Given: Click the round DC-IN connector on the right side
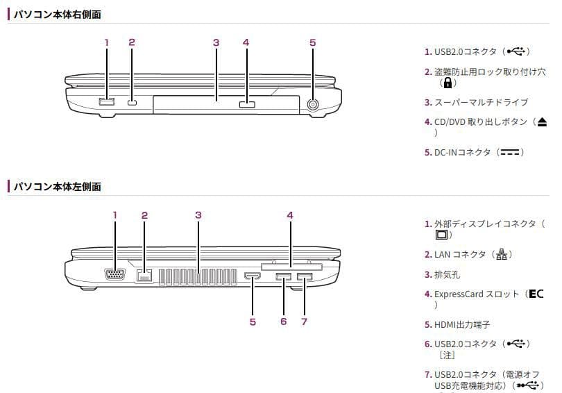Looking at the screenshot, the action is [313, 104].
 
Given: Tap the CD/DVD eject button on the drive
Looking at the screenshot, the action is [247, 104].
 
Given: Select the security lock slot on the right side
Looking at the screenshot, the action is [133, 103].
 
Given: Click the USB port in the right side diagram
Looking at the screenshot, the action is [106, 101].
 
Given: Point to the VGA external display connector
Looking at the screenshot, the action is [114, 274].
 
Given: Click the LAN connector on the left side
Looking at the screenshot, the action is [144, 276].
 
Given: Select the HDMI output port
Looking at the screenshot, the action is [253, 276].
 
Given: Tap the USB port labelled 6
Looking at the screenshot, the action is [284, 276].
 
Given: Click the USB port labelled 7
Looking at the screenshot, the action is [305, 276].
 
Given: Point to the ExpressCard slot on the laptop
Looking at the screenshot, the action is [291, 267].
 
